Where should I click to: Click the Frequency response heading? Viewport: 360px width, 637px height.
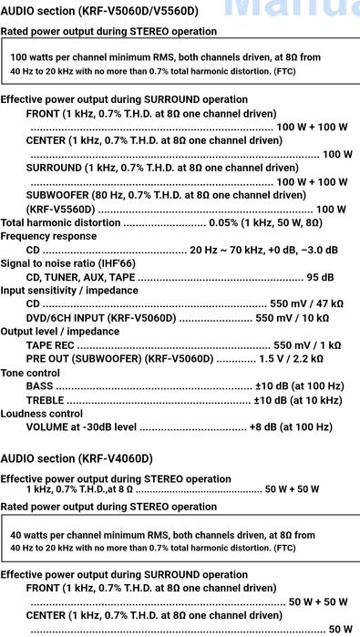[x=48, y=236]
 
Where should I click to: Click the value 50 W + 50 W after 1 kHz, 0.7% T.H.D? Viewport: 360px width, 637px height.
[x=292, y=489]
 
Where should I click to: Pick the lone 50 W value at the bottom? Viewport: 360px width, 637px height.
[x=340, y=629]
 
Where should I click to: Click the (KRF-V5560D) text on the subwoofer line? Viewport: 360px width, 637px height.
[x=60, y=209]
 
